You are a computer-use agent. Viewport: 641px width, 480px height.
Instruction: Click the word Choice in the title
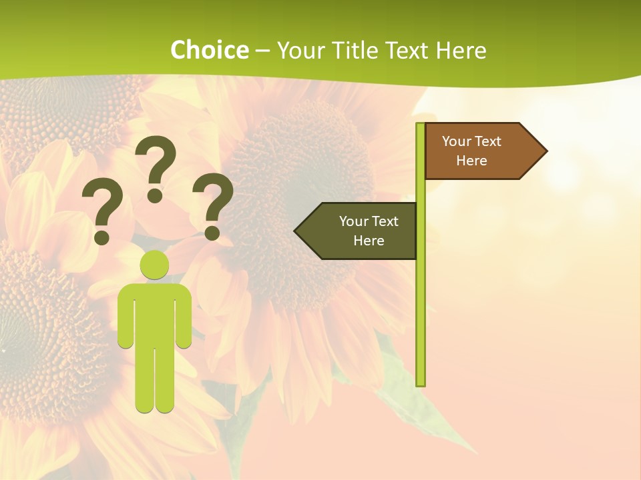coord(209,50)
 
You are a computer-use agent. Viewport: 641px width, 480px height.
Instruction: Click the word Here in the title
coord(461,50)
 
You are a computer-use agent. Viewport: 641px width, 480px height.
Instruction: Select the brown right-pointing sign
coord(477,151)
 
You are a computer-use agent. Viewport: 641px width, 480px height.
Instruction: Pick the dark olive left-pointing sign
coord(361,231)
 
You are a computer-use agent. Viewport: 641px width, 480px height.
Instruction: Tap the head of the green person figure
coord(154,265)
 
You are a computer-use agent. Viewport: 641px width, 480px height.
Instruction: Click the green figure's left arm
coord(126,320)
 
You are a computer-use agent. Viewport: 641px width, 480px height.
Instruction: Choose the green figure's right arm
coord(184,320)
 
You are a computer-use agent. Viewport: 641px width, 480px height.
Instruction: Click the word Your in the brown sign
coord(456,141)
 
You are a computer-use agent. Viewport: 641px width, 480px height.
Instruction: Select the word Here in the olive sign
coord(369,241)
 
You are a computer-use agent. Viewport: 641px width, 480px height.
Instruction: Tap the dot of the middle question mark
coord(155,195)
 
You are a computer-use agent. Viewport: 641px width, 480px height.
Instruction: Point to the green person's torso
coord(154,313)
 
